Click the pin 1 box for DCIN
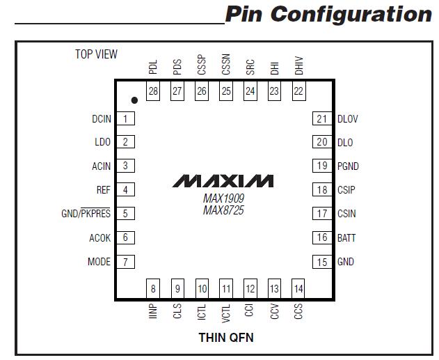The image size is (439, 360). pos(125,119)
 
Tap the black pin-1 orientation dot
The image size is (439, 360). pos(134,101)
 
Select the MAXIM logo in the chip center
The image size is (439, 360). pos(223,181)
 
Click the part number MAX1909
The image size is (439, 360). pos(223,198)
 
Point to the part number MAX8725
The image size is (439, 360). pos(223,210)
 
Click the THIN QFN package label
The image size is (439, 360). pos(223,338)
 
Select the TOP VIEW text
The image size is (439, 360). pos(96,54)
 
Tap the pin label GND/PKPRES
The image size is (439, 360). pos(86,214)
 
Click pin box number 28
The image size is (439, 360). pos(153,91)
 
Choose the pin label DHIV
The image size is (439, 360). pos(298,67)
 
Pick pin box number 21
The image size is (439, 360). pos(321,119)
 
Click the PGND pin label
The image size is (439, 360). pos(348,166)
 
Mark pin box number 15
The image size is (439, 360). pos(321,262)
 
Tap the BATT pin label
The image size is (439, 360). pos(346,238)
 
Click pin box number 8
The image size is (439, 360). pos(153,288)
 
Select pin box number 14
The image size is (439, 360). pos(298,288)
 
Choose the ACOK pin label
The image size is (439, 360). pos(99,238)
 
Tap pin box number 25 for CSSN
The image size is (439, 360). pos(225,91)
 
